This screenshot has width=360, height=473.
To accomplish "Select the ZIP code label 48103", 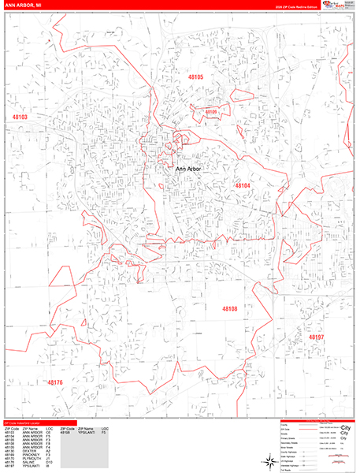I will click(x=19, y=117).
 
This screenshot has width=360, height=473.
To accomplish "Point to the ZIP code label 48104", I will click(x=243, y=185).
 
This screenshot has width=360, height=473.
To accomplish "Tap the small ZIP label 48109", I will click(x=210, y=112).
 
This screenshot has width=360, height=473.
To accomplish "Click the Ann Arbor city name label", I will click(x=187, y=169).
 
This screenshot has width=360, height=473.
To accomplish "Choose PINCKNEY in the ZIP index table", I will click(x=31, y=449).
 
